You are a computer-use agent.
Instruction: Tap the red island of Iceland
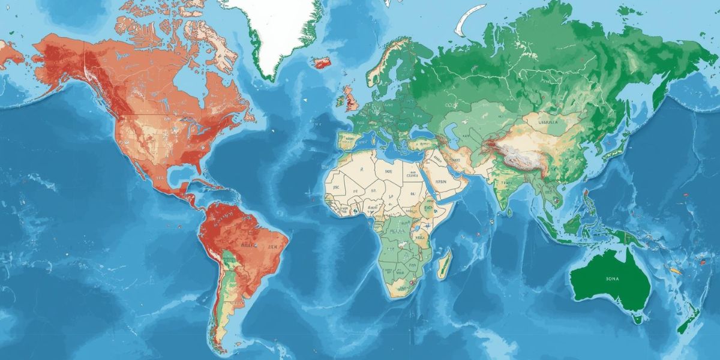coord(322,62)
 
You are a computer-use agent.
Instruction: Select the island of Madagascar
coord(444,264)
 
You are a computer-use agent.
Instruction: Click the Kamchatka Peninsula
coord(659,90)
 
